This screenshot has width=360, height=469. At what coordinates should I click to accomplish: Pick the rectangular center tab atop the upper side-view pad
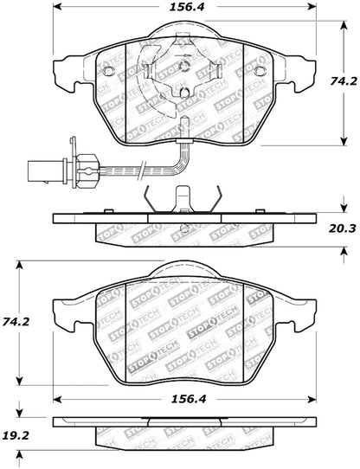click(183, 199)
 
